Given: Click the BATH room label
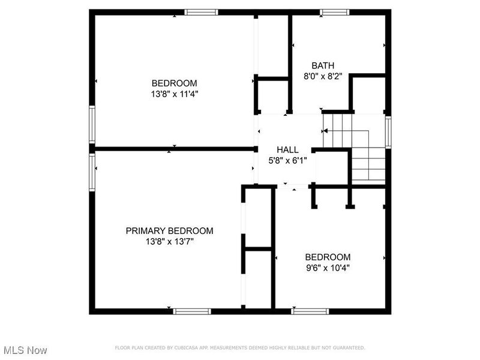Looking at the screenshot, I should pyautogui.click(x=323, y=65).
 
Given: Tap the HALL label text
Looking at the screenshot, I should pyautogui.click(x=287, y=149).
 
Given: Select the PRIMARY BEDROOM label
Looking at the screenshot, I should pyautogui.click(x=169, y=231).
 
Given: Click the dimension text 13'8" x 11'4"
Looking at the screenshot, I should pyautogui.click(x=175, y=94).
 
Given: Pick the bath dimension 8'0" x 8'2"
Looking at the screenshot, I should pyautogui.click(x=323, y=76).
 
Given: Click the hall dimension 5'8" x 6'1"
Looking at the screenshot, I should pyautogui.click(x=287, y=160).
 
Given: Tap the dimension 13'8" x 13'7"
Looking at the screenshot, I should pyautogui.click(x=169, y=242).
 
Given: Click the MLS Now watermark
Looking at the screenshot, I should pyautogui.click(x=25, y=350).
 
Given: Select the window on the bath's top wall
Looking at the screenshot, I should pyautogui.click(x=334, y=12).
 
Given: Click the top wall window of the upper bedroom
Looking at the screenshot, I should pyautogui.click(x=201, y=12).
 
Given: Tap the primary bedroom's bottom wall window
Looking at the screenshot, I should pyautogui.click(x=192, y=311).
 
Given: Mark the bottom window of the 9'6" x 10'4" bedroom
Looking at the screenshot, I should pyautogui.click(x=310, y=311).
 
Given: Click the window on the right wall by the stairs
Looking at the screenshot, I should pyautogui.click(x=388, y=132).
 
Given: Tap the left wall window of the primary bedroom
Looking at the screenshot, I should pyautogui.click(x=92, y=172).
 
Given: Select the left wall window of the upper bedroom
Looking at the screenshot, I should pyautogui.click(x=92, y=124).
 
